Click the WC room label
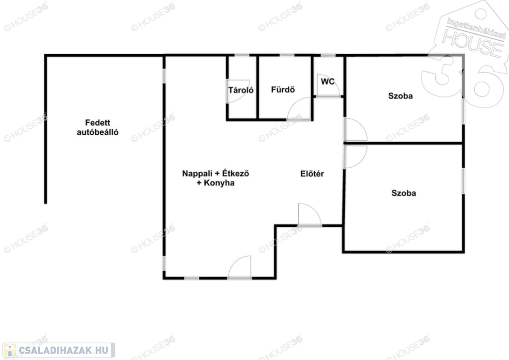click(328, 82)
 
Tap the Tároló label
click(241, 90)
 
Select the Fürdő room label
click(283, 90)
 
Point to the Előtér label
click(312, 174)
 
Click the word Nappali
click(197, 174)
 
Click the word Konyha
click(219, 183)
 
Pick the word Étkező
click(236, 174)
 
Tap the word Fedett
click(98, 123)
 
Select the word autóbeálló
click(98, 132)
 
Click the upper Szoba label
click(401, 96)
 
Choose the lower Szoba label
click(404, 193)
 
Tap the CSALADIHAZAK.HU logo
click(59, 350)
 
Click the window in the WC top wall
click(328, 56)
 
